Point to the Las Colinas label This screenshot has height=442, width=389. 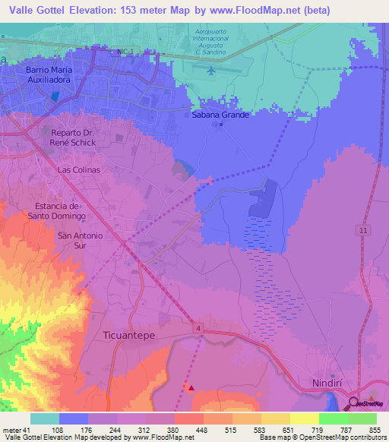[79, 170]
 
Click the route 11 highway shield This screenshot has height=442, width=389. [365, 229]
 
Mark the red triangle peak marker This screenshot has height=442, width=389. [191, 388]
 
